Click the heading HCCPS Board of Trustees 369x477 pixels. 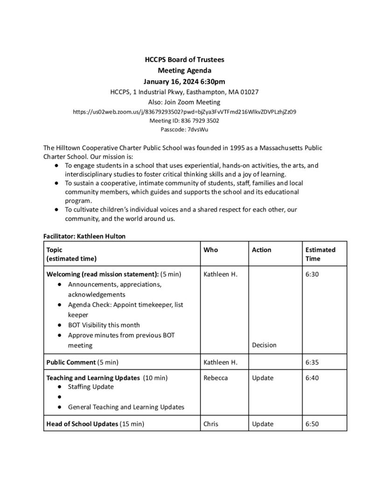[x=184, y=60]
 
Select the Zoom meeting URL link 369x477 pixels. [x=185, y=112]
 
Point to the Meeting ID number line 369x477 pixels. [x=184, y=121]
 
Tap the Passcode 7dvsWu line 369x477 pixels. [x=184, y=129]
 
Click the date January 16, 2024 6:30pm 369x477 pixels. [x=184, y=81]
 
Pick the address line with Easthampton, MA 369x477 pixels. [x=184, y=92]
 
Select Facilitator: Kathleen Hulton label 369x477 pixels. [x=84, y=236]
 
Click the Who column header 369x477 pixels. [x=211, y=250]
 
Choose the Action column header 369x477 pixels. [x=261, y=250]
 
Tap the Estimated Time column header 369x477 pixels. [x=320, y=254]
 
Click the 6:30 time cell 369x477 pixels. [x=312, y=274]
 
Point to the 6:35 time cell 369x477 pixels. [x=312, y=361]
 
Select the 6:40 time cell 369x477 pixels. [x=312, y=378]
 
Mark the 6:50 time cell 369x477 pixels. [x=312, y=424]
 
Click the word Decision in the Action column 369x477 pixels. [x=264, y=345]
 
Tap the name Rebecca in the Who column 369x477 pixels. [x=216, y=378]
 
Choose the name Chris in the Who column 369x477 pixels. [x=211, y=424]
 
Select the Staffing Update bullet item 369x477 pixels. [x=91, y=387]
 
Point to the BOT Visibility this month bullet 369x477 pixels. [x=104, y=325]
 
